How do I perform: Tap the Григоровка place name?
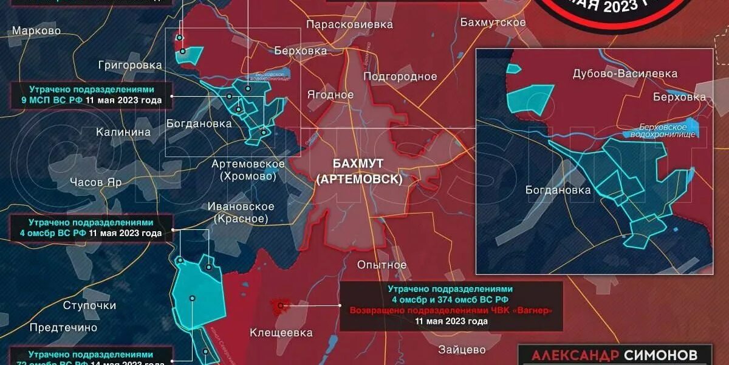(131, 64)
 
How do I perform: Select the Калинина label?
(123, 132)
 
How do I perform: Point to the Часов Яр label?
(96, 182)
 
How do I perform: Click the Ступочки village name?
(89, 305)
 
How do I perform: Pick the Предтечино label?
(63, 327)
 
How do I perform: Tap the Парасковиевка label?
(349, 24)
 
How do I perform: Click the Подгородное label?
(400, 76)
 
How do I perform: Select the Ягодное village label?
(330, 95)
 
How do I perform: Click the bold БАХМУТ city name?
(359, 164)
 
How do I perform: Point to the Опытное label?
(382, 265)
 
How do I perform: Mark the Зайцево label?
(462, 350)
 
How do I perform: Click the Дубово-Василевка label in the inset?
(625, 74)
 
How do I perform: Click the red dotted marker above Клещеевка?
(281, 305)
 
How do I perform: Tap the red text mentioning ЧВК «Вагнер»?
(451, 310)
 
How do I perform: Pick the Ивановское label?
(241, 207)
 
